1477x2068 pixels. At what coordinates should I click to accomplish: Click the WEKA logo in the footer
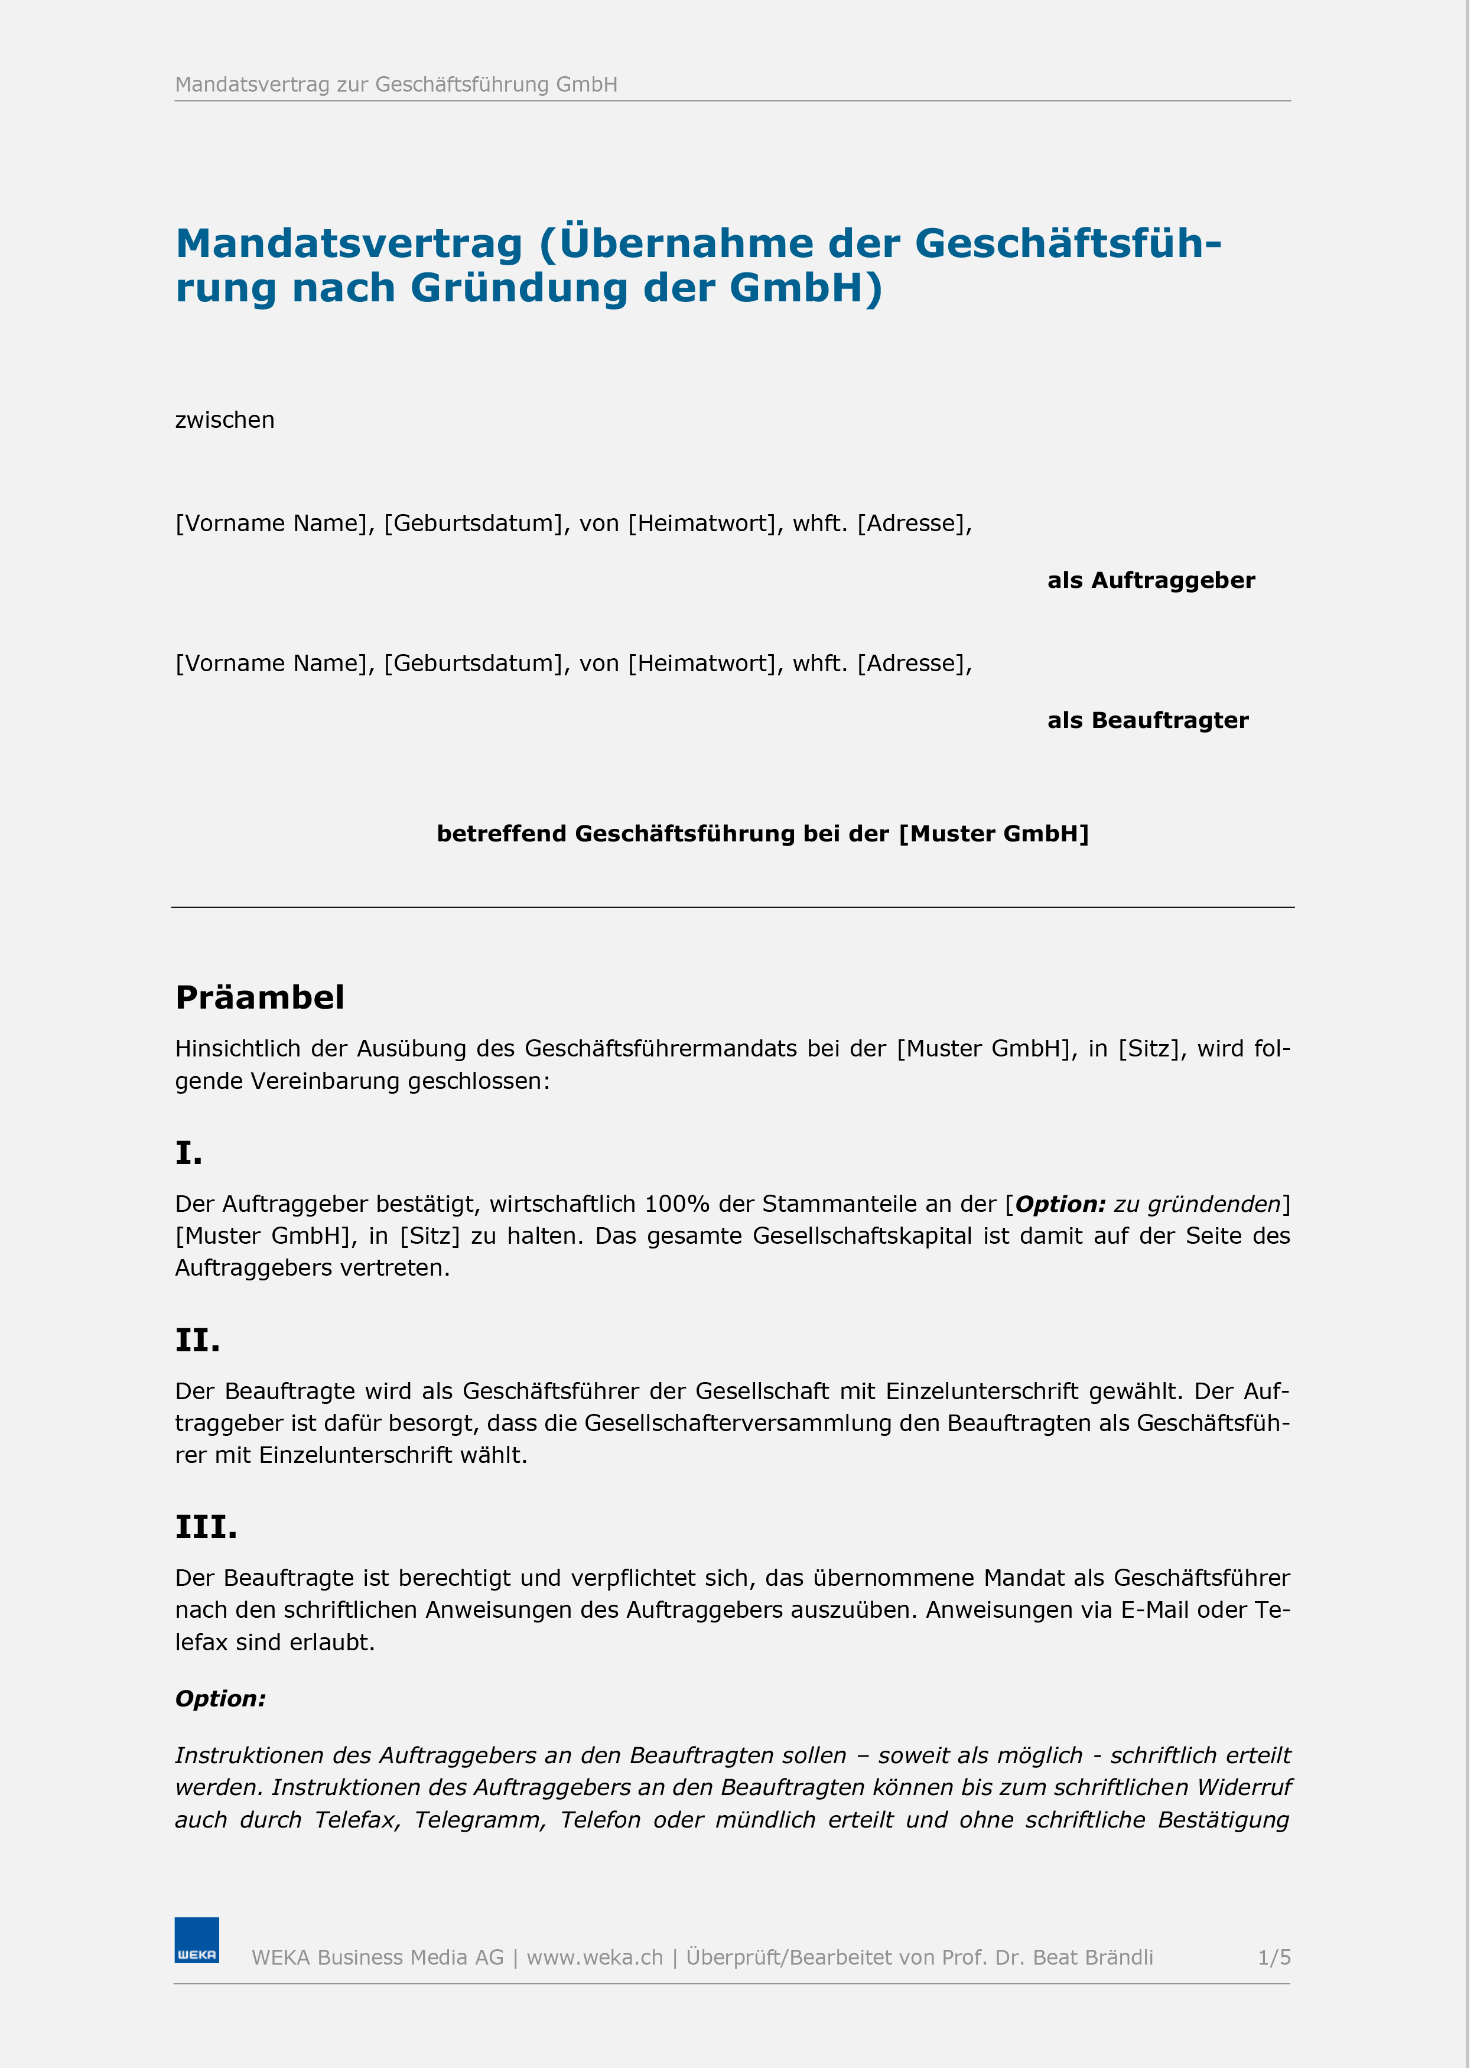[x=197, y=1940]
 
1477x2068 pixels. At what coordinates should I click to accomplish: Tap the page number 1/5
[x=1273, y=1957]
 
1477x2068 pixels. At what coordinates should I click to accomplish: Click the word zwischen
[x=225, y=420]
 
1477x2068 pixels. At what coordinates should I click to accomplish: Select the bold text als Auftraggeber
[x=1150, y=580]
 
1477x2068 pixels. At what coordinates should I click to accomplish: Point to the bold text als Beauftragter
[x=1148, y=720]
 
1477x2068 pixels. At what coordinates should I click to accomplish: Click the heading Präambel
[x=259, y=997]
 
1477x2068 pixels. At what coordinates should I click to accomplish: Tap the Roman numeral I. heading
[x=188, y=1153]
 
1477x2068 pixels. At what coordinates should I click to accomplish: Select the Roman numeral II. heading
[x=197, y=1341]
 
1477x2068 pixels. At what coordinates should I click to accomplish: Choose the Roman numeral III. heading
[x=206, y=1527]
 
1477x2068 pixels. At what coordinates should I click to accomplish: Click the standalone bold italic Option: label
[x=220, y=1699]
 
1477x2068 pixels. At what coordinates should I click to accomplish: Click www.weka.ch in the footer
[x=595, y=1957]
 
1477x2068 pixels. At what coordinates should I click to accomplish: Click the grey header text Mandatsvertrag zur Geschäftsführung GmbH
[x=396, y=84]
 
